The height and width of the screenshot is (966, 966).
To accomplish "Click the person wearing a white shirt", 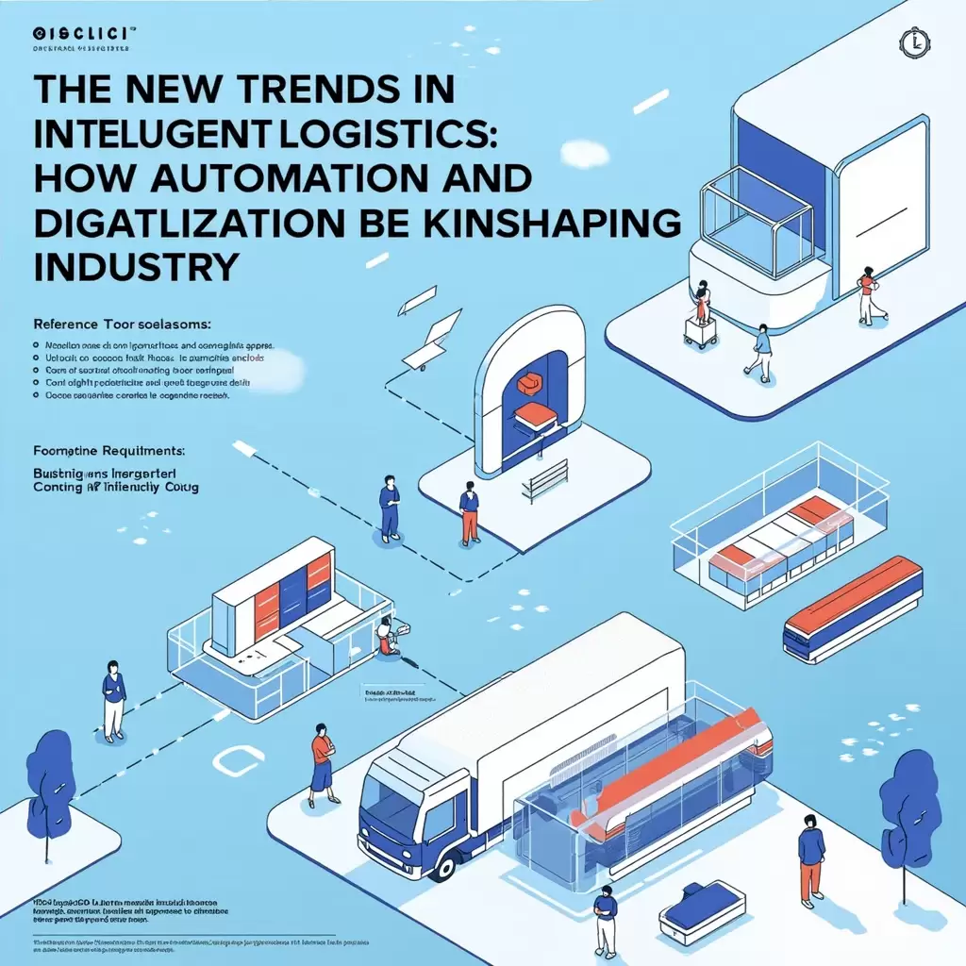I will (113, 700).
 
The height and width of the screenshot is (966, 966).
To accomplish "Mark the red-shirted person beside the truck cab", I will (323, 758).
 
